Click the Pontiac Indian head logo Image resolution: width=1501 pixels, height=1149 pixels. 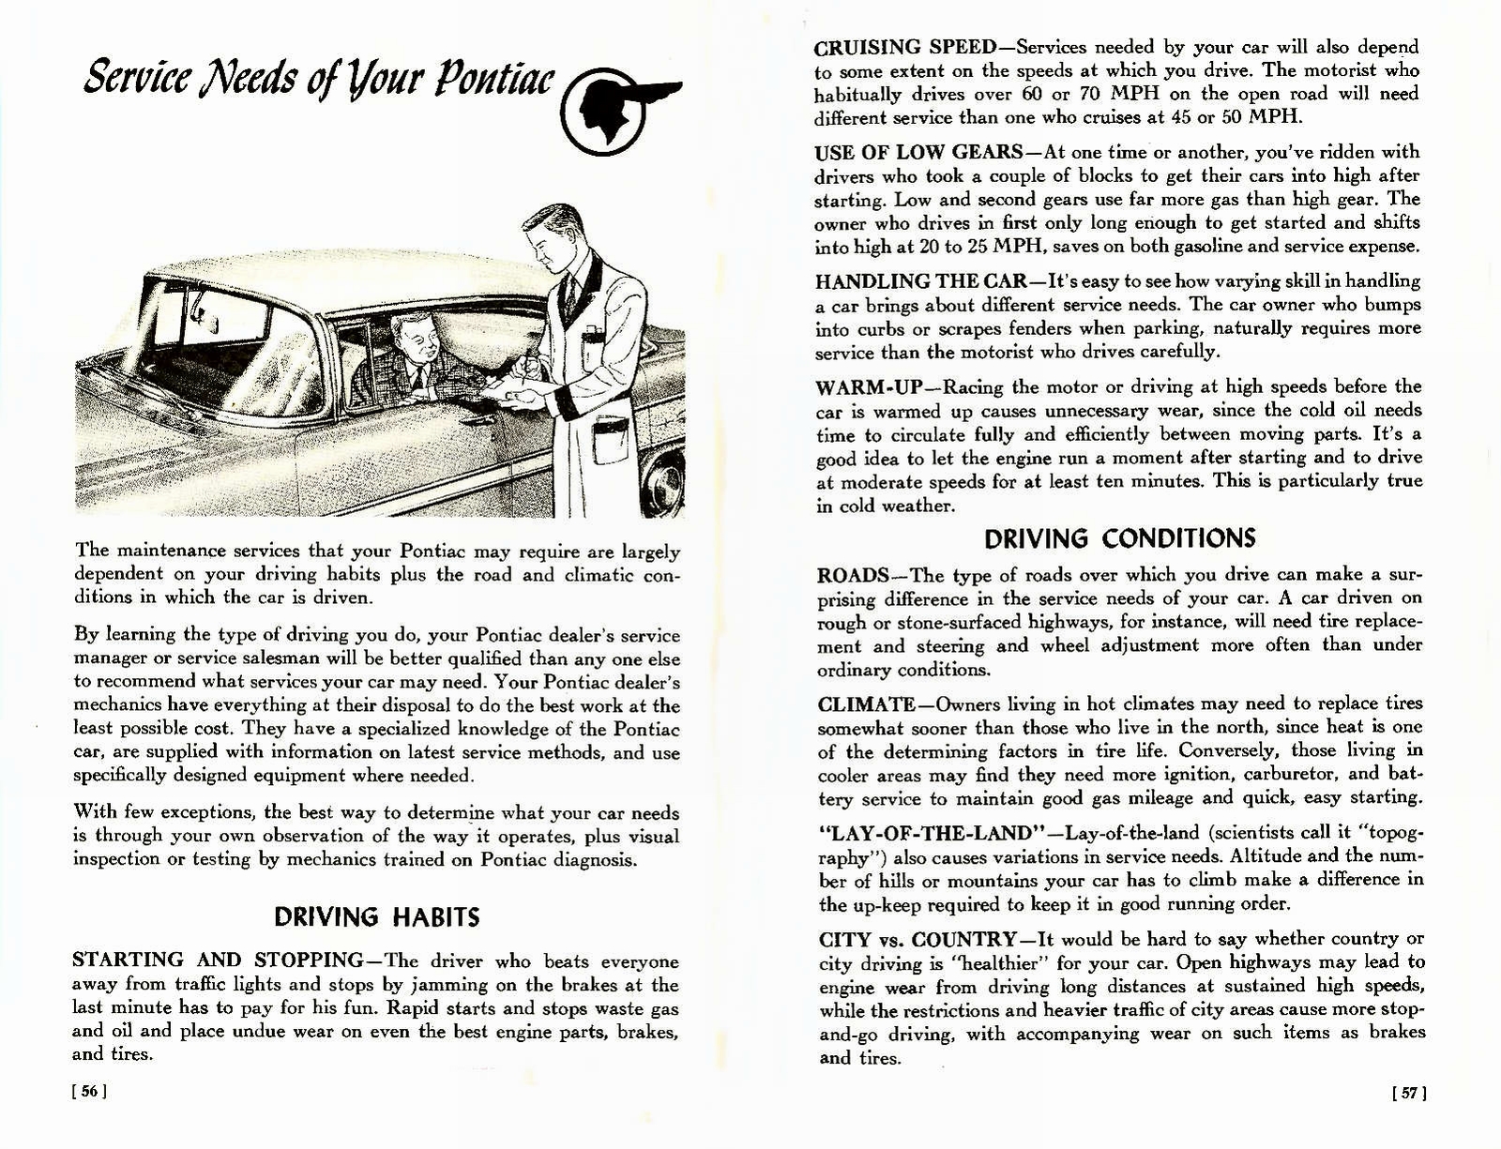(611, 108)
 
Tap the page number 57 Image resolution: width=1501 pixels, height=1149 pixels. (1409, 1092)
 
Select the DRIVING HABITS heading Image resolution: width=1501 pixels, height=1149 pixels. (376, 916)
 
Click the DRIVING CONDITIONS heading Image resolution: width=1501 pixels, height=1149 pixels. (1119, 538)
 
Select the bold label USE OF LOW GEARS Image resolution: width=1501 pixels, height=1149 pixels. (917, 152)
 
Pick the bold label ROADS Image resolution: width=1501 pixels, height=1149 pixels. (852, 575)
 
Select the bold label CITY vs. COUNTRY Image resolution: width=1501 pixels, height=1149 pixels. (917, 939)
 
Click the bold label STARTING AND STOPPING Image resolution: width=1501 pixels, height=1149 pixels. (218, 960)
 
